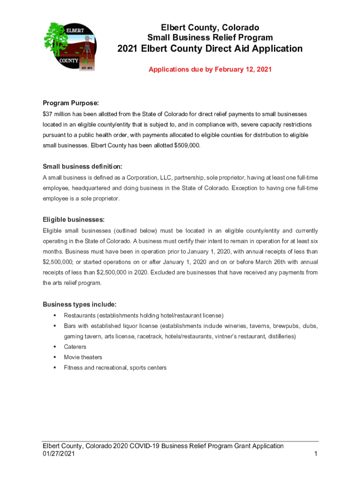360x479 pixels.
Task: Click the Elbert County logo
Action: [x=71, y=47]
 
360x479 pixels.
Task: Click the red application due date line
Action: [x=210, y=69]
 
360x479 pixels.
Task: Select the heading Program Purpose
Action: [x=71, y=103]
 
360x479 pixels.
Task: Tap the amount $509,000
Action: [x=187, y=145]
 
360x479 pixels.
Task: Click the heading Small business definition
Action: [x=83, y=167]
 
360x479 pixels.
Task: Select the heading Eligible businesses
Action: [x=73, y=219]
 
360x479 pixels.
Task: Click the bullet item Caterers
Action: [x=75, y=347]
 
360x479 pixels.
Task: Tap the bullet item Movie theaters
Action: [x=83, y=357]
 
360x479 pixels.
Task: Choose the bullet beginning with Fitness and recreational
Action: [x=115, y=368]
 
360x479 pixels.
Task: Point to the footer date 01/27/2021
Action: [x=58, y=454]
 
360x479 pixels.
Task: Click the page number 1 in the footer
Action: [x=316, y=454]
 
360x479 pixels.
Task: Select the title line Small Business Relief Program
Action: [x=210, y=37]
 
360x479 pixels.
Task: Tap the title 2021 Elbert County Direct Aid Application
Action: [x=210, y=49]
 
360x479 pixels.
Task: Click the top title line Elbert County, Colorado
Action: [x=210, y=28]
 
